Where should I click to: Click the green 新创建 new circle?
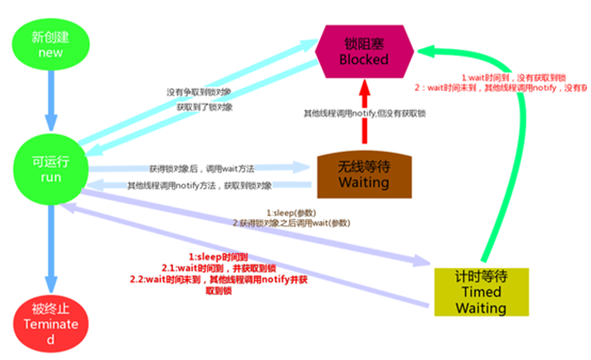click(x=51, y=45)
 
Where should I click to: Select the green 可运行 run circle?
click(x=51, y=170)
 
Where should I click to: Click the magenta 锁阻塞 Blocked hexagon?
click(x=363, y=50)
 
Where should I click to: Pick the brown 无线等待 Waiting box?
click(x=363, y=175)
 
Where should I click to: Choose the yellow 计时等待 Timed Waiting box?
click(x=481, y=291)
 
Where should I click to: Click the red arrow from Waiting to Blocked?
click(x=363, y=115)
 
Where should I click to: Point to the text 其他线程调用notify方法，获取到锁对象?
click(x=199, y=186)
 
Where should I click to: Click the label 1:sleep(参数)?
click(x=290, y=212)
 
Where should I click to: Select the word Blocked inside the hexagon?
click(x=363, y=59)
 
